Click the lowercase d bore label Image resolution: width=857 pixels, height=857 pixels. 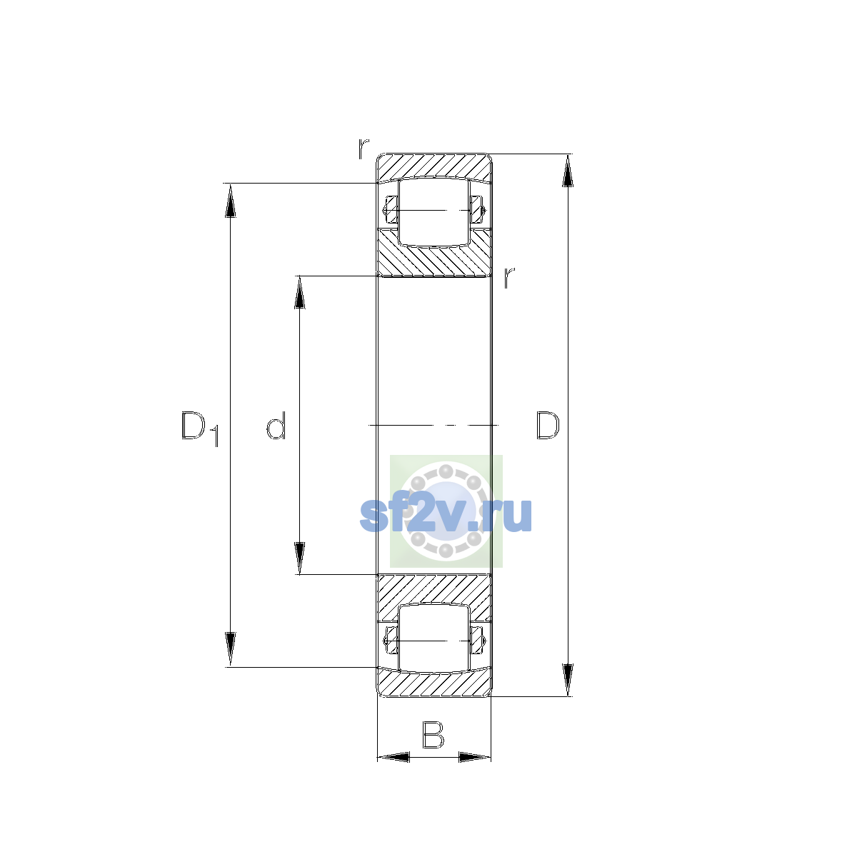(276, 425)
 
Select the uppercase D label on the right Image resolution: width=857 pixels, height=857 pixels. (548, 425)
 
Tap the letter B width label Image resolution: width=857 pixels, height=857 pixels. (433, 735)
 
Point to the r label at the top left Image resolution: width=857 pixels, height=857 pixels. (364, 149)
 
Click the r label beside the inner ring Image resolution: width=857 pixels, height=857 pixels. (509, 277)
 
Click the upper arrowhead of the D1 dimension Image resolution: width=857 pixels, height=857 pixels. (230, 201)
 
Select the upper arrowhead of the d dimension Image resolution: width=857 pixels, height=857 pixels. (300, 293)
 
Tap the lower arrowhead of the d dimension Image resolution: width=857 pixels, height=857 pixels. (300, 558)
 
